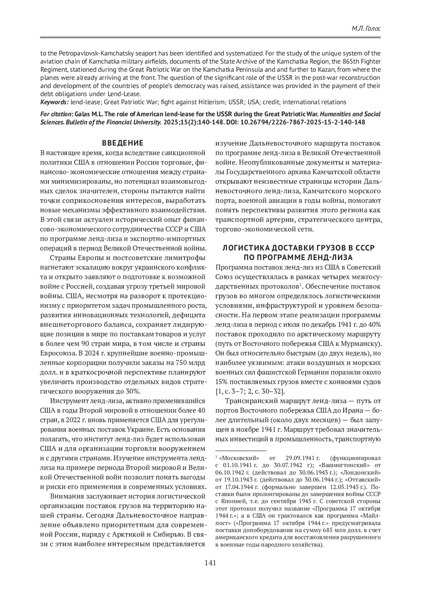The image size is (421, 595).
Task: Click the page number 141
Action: (210, 563)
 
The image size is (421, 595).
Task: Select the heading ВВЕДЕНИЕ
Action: (122, 143)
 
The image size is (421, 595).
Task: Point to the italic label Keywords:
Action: (54, 102)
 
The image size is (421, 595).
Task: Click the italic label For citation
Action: (56, 114)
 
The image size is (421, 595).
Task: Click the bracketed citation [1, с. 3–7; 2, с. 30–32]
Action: (250, 391)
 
